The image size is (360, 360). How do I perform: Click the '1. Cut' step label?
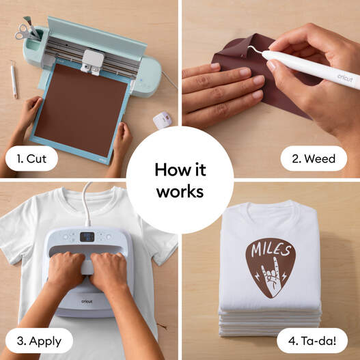pyautogui.click(x=31, y=158)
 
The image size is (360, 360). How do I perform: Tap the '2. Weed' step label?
pyautogui.click(x=314, y=158)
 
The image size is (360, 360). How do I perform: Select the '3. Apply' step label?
pyautogui.click(x=39, y=341)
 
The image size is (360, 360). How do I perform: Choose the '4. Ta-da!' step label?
pyautogui.click(x=312, y=341)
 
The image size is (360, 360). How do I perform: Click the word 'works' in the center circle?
pyautogui.click(x=180, y=192)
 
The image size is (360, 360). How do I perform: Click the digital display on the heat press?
pyautogui.click(x=87, y=237)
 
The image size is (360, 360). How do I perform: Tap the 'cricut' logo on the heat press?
pyautogui.click(x=87, y=301)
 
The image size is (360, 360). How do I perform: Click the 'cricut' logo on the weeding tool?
pyautogui.click(x=345, y=78)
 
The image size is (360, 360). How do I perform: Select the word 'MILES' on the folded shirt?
pyautogui.click(x=271, y=249)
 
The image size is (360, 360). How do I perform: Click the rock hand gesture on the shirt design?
pyautogui.click(x=273, y=276)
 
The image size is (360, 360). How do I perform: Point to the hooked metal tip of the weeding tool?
pyautogui.click(x=254, y=49)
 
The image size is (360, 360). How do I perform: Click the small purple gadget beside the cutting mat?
pyautogui.click(x=163, y=120)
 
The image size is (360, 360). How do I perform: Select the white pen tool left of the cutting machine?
pyautogui.click(x=14, y=79)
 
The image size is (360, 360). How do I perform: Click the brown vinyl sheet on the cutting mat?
pyautogui.click(x=81, y=110)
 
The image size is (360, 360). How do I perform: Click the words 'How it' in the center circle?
pyautogui.click(x=180, y=170)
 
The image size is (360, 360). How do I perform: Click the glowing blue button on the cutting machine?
pyautogui.click(x=141, y=81)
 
